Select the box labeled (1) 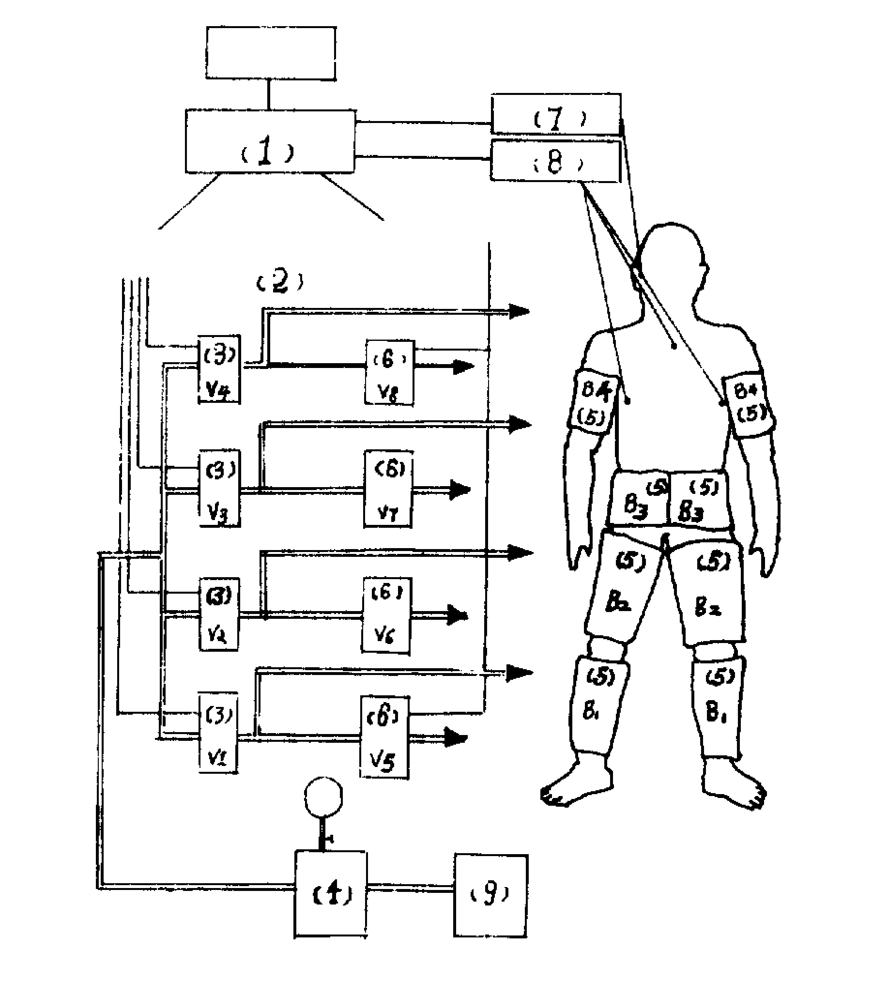[270, 141]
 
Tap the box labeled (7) [556, 114]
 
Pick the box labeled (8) [555, 161]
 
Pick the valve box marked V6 [387, 615]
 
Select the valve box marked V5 [385, 736]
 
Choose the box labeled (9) [490, 895]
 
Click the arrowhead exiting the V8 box [463, 367]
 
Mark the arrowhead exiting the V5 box [456, 737]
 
